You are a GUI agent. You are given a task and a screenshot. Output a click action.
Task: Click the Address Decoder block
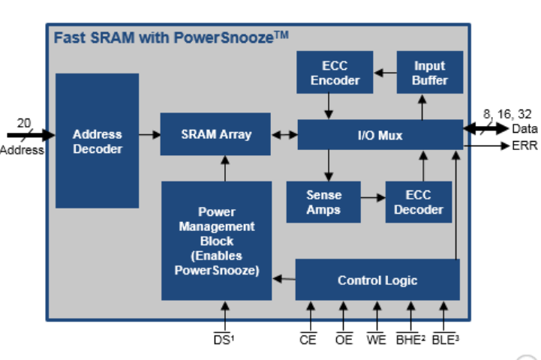[97, 140]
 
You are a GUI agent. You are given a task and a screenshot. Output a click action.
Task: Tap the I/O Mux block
[380, 135]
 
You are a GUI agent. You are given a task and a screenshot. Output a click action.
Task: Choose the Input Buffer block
[429, 73]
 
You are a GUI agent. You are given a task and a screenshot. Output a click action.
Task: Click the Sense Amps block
[323, 202]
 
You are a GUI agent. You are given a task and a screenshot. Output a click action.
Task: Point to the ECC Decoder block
[419, 202]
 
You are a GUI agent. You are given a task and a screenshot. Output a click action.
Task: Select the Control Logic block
[377, 280]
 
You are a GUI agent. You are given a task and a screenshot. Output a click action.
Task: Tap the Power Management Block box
[216, 241]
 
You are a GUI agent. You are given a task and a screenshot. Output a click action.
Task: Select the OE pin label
[344, 340]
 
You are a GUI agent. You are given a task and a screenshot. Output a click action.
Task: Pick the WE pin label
[376, 340]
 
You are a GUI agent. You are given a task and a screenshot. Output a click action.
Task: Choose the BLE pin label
[446, 340]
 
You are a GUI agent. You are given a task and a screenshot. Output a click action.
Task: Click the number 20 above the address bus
[24, 123]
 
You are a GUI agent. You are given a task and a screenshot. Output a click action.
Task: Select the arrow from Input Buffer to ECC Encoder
[385, 73]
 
